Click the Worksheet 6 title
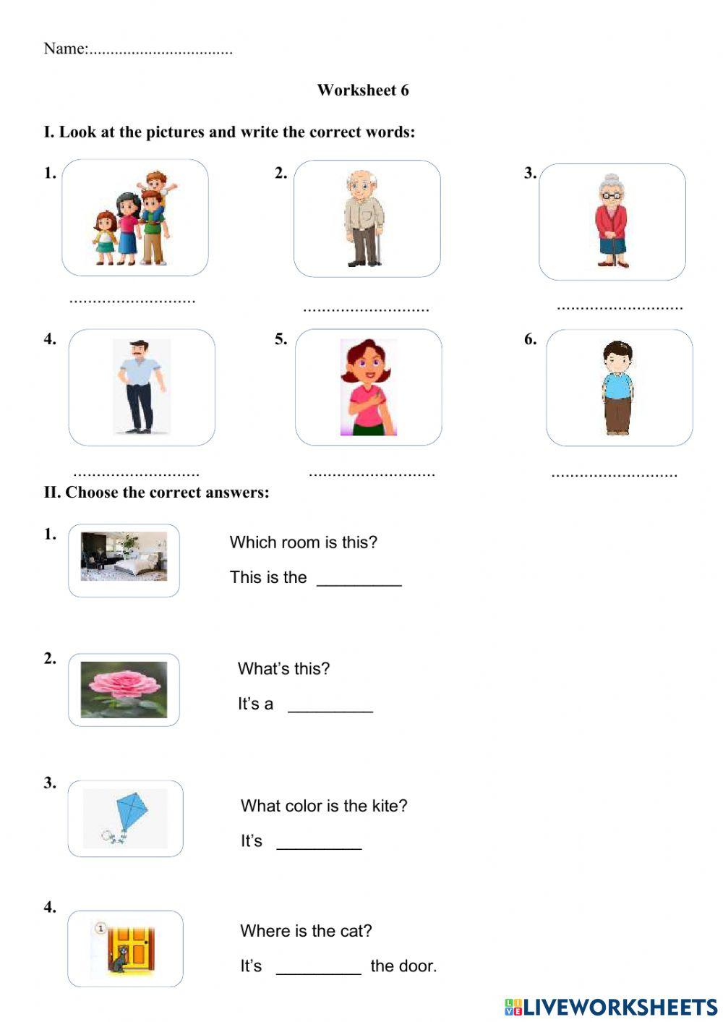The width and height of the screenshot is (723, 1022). [363, 90]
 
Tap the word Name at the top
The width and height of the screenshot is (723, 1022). [65, 49]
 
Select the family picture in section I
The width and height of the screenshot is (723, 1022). [135, 218]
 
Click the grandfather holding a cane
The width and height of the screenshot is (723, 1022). [364, 218]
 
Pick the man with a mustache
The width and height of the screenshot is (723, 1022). [141, 387]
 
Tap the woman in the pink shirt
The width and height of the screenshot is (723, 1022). [368, 388]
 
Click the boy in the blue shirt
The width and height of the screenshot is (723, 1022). [618, 388]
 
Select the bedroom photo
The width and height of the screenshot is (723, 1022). [124, 557]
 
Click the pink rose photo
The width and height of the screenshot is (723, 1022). [124, 689]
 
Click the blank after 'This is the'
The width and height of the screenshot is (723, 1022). [359, 579]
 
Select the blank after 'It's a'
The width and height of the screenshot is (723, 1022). [330, 706]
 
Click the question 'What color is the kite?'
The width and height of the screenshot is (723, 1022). [324, 806]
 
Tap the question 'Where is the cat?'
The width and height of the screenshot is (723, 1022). [306, 931]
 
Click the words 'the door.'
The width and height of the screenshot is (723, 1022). [403, 966]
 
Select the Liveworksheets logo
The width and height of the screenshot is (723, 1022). [611, 1007]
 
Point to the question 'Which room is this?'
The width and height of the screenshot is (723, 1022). [304, 542]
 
